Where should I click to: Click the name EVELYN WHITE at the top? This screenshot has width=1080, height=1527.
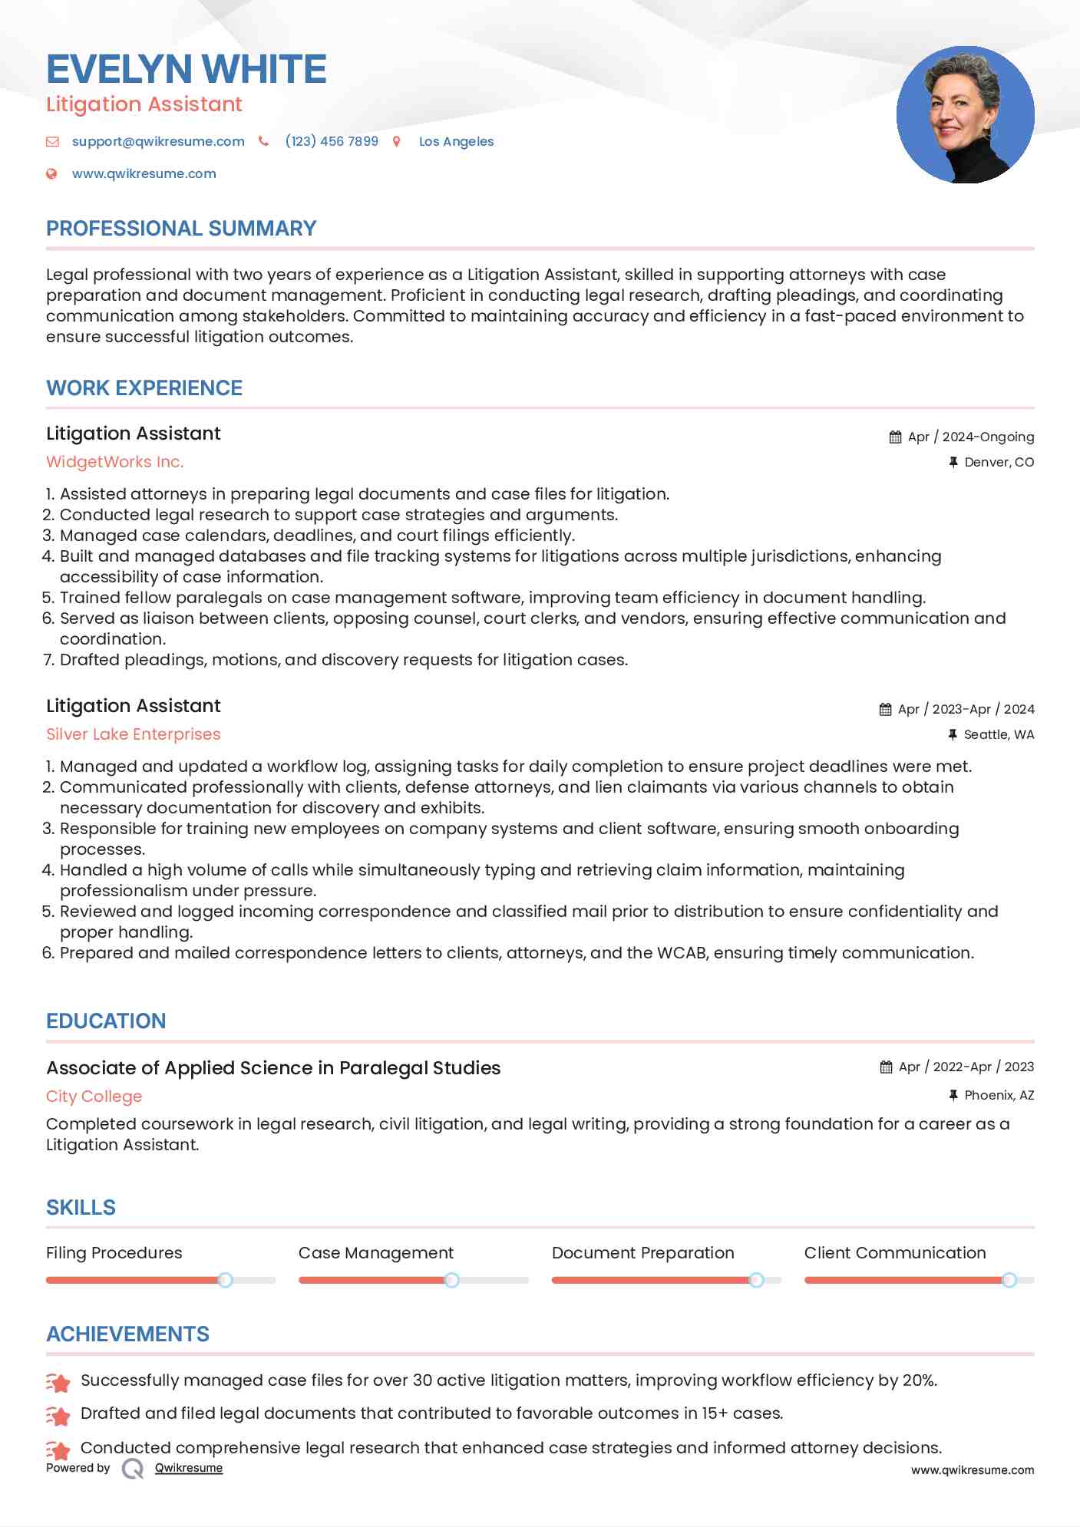[187, 69]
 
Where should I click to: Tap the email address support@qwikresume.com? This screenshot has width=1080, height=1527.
[158, 141]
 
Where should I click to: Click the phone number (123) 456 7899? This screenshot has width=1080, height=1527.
[332, 141]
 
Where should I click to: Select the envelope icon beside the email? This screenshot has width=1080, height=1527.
[52, 141]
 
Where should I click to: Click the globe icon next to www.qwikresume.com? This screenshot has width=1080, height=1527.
[51, 173]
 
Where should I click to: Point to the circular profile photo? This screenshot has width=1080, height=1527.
[965, 115]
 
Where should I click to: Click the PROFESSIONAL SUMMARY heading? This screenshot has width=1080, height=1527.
[181, 229]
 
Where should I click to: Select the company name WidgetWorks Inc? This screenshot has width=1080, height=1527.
[115, 462]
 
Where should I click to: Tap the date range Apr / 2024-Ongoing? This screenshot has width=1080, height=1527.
[970, 437]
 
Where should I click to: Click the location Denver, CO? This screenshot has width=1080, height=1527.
[999, 462]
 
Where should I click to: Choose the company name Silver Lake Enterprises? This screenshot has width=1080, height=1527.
[134, 734]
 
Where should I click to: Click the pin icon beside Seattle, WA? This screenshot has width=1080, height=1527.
[953, 734]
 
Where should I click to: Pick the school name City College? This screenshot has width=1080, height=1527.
[94, 1097]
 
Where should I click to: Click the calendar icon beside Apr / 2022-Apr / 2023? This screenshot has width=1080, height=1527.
[886, 1067]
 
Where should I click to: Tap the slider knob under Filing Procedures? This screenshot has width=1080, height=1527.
[225, 1280]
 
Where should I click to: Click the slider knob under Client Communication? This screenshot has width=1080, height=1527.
[1009, 1280]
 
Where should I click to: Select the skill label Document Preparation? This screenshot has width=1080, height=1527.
[642, 1253]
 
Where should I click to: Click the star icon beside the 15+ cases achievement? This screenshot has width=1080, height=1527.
[58, 1414]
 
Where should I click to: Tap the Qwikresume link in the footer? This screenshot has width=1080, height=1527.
[189, 1468]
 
